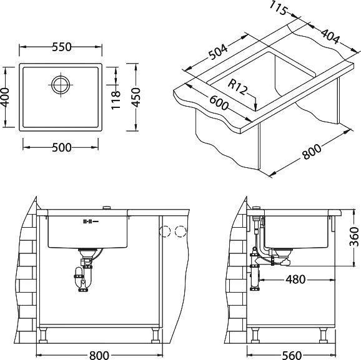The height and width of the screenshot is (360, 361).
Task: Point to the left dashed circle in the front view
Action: [166, 232]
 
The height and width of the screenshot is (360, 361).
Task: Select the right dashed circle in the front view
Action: [181, 232]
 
